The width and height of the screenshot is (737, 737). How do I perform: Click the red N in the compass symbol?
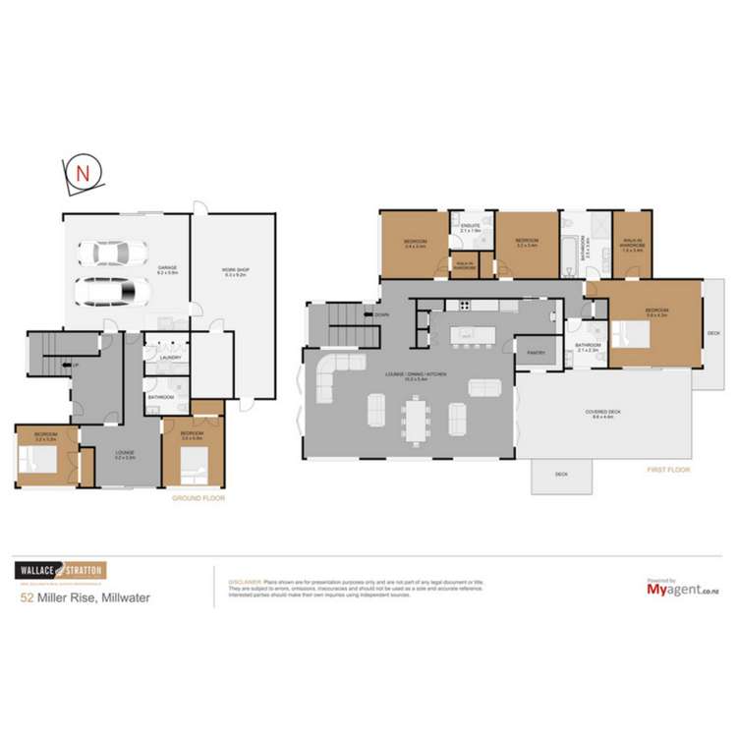[x=84, y=172]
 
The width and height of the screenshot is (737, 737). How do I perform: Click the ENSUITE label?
[x=471, y=226]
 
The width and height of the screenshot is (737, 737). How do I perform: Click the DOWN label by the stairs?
[x=381, y=314]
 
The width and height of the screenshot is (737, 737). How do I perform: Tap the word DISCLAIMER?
[x=245, y=581]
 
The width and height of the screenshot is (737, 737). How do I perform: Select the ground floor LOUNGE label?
[x=125, y=453]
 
